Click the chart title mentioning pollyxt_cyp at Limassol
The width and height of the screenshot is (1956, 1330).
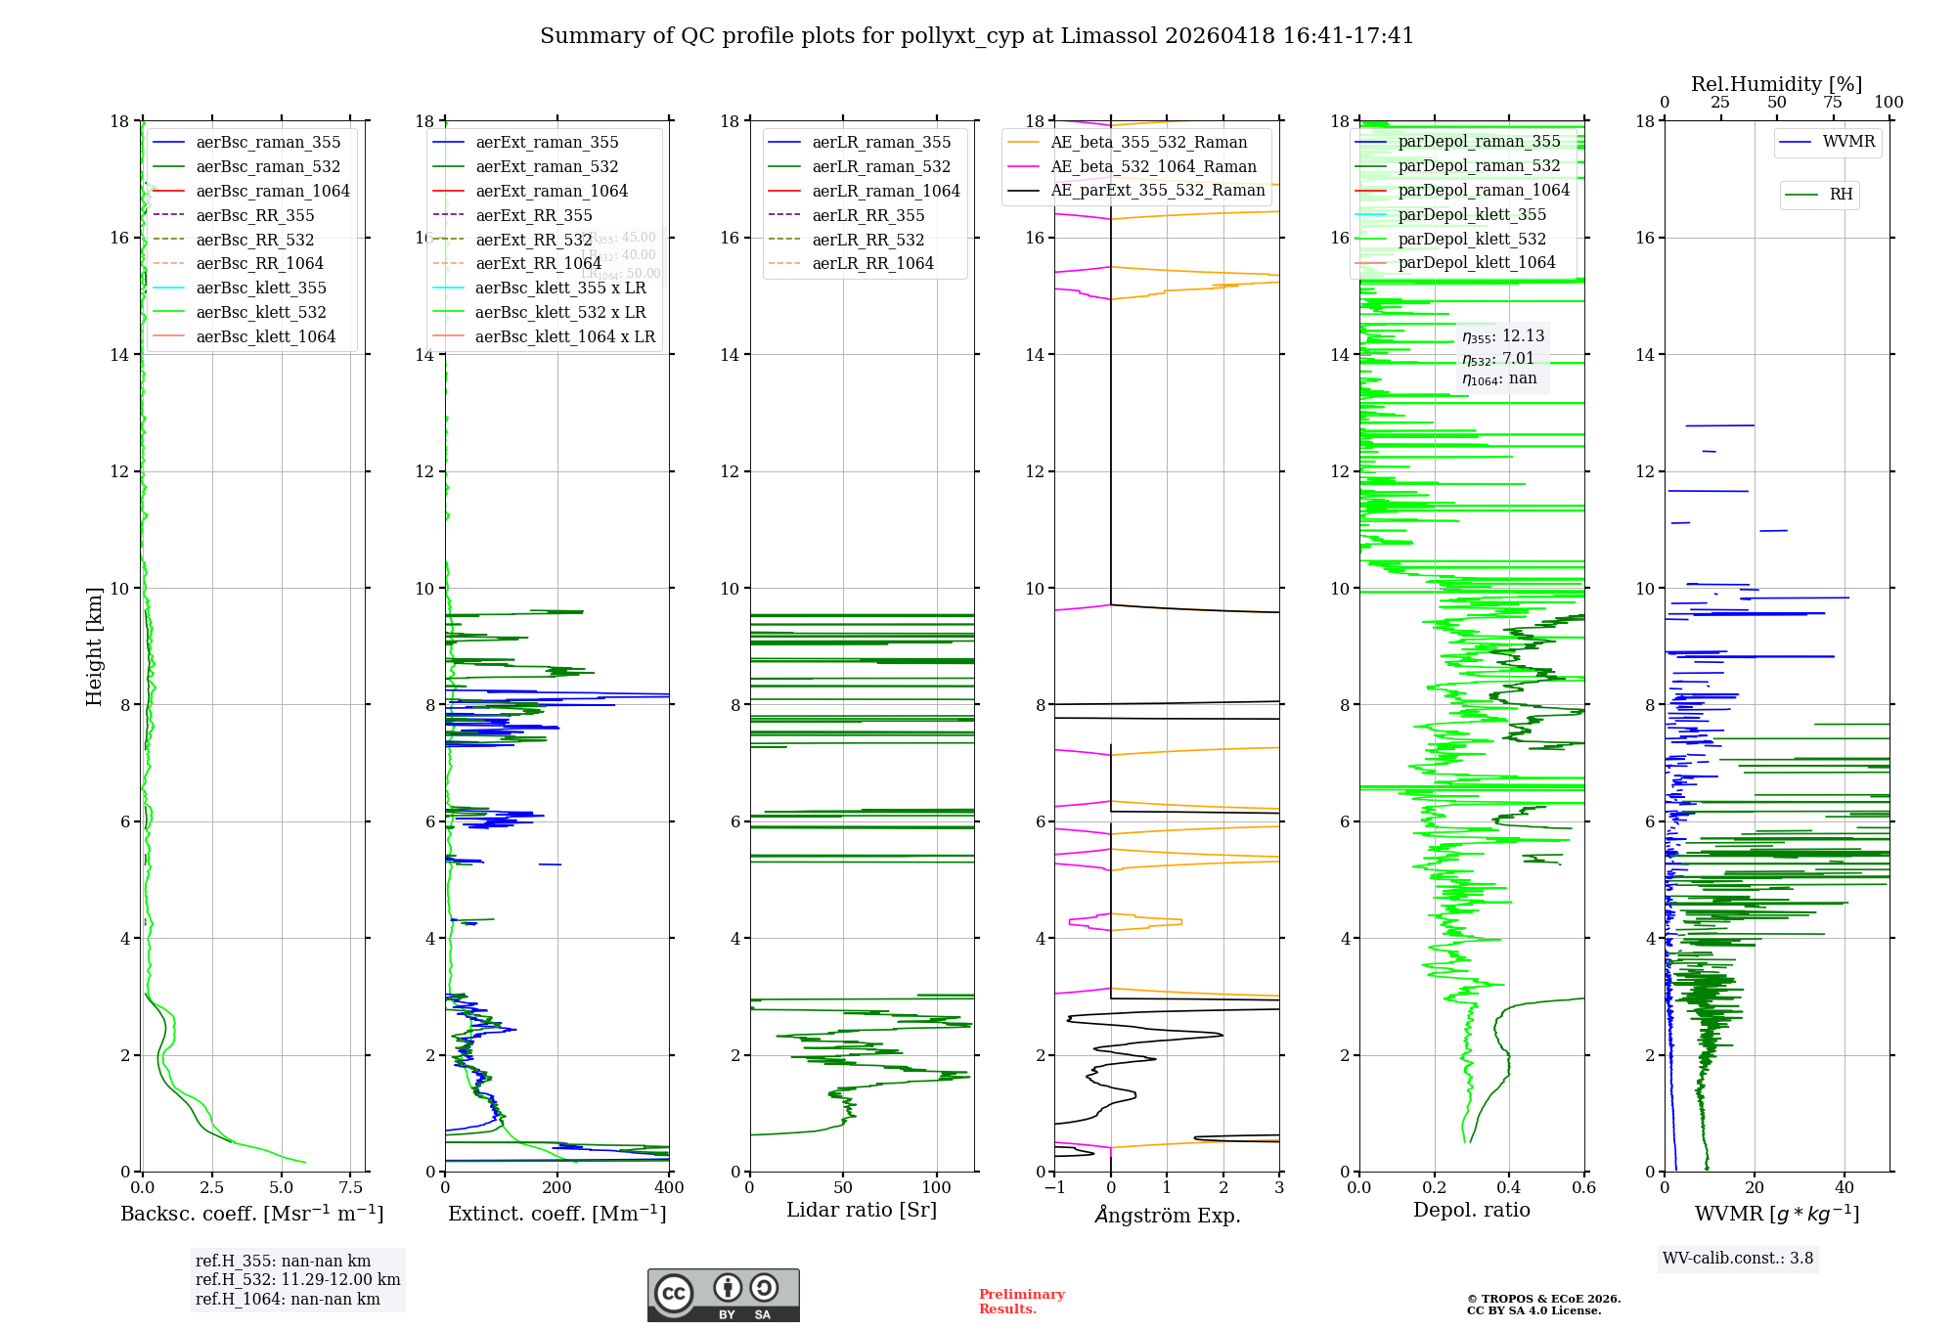coord(977,36)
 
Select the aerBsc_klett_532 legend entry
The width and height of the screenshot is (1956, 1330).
coord(260,313)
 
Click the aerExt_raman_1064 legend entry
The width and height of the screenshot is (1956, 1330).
coord(552,192)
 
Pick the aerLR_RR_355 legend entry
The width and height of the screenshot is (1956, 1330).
coord(867,216)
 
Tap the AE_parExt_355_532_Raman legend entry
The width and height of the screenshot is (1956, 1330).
coord(1157,191)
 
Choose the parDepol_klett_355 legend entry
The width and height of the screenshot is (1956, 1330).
coord(1472,215)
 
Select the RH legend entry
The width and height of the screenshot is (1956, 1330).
coord(1841,195)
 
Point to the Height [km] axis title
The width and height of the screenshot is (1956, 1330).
coord(94,645)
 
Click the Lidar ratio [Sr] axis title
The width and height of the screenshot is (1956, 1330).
coord(862,1211)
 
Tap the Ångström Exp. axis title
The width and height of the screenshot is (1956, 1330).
coord(1167,1216)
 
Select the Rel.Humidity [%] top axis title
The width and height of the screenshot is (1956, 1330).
coord(1776,84)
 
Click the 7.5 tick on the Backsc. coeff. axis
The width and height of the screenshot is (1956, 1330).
coord(351,1188)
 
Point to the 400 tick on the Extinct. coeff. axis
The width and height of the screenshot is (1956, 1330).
coord(669,1188)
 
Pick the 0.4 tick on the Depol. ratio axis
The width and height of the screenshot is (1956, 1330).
coord(1509,1188)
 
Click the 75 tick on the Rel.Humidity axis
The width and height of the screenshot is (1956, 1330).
coord(1833,103)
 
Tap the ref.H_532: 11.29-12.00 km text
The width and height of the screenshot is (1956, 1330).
coord(297,1280)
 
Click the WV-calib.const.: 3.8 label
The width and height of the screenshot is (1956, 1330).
coord(1738,1259)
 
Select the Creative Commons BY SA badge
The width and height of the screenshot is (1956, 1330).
coord(723,1296)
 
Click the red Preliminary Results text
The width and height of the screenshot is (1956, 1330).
coord(1021,1302)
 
